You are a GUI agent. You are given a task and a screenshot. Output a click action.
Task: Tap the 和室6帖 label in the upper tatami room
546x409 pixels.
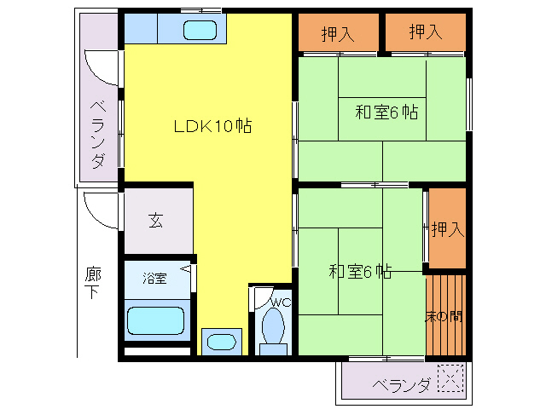pos(386,112)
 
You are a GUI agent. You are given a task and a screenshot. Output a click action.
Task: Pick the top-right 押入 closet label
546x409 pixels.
pos(426,33)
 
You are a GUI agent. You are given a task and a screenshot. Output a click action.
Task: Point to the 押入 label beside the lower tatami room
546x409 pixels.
pos(447,229)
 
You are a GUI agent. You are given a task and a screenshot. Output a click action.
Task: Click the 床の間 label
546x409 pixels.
pos(444,316)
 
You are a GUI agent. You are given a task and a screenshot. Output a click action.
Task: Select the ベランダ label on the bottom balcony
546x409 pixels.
pos(402,385)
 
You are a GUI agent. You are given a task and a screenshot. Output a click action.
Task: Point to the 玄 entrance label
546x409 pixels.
pos(156,221)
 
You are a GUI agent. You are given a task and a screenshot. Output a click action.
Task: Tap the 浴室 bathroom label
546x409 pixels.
pos(154,278)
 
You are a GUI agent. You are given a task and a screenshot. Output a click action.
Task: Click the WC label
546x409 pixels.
pos(281,302)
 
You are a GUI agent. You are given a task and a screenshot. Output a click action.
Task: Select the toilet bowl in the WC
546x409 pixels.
pos(274,328)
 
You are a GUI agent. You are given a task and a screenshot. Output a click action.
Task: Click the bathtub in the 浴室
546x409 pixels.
pos(156,322)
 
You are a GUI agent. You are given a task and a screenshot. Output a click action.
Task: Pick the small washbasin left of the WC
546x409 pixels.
pos(222,342)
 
